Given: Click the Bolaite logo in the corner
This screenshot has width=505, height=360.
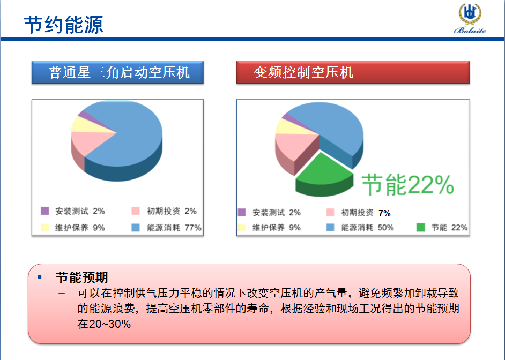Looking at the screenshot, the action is click(x=470, y=18).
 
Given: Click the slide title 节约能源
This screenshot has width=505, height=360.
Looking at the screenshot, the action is click(x=63, y=25).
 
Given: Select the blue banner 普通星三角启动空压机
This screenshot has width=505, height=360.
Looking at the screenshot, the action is click(x=117, y=72).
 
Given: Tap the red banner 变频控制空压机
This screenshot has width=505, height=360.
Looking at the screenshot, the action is click(x=353, y=72).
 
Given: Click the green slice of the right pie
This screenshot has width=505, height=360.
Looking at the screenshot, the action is click(x=324, y=172).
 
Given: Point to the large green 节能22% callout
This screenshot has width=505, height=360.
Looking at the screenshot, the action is click(x=408, y=185).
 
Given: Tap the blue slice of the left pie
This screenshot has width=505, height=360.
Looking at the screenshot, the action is click(x=129, y=138).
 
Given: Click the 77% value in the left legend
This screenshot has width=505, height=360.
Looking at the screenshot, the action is click(x=193, y=228).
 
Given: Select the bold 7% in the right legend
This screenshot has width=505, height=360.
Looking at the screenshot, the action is click(x=384, y=213).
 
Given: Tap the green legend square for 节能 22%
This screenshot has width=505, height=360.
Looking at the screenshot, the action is click(x=421, y=228).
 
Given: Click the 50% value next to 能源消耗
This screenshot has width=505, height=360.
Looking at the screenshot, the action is click(x=385, y=228).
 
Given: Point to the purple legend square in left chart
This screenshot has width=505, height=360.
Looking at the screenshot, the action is click(x=45, y=211).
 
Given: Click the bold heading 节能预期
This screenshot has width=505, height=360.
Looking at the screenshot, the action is click(x=82, y=277).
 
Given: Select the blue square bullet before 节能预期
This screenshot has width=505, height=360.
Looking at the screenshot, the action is click(x=40, y=277).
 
